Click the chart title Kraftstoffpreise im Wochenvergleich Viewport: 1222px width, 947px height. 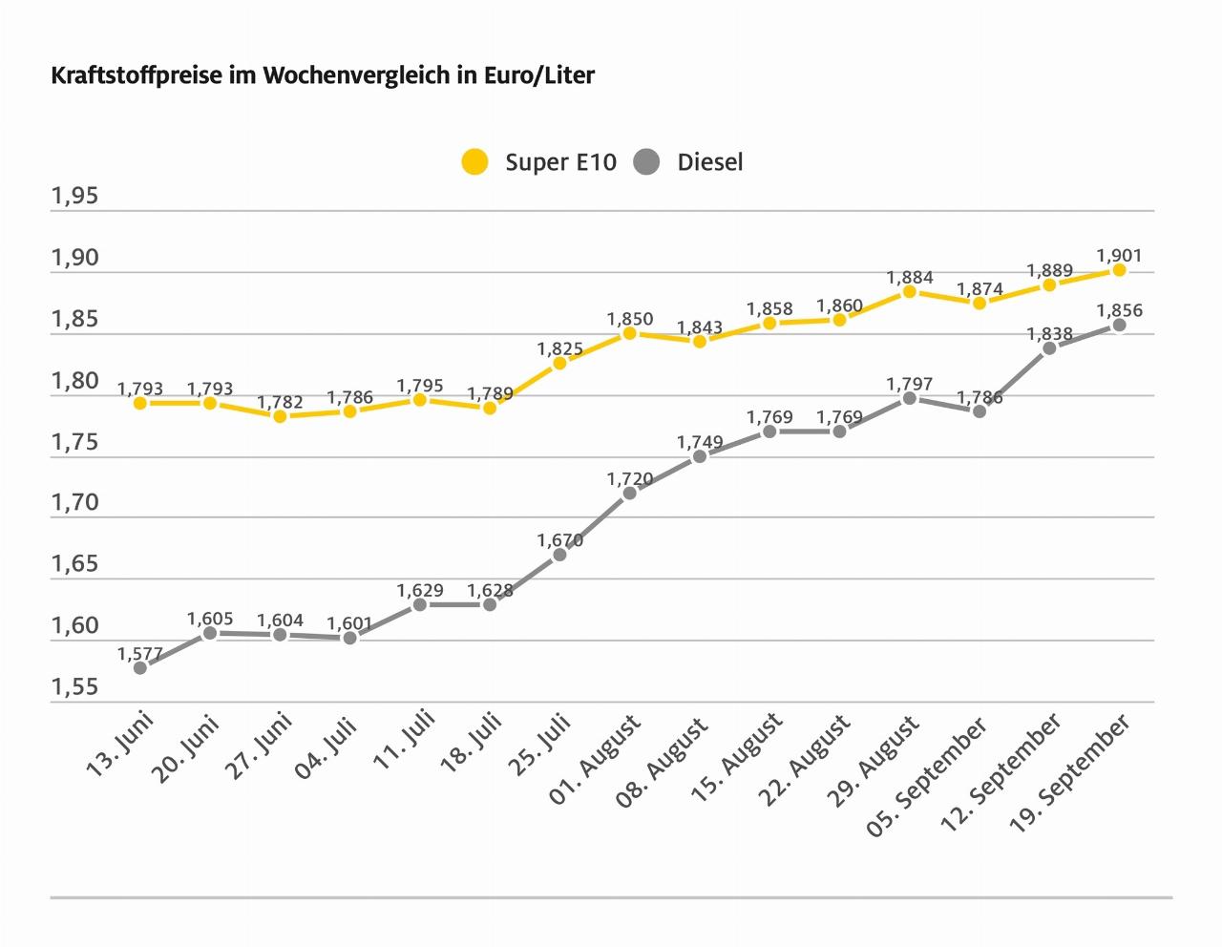coord(323,75)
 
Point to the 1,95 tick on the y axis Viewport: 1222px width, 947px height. coord(74,197)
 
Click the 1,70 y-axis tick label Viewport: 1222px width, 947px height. coord(74,502)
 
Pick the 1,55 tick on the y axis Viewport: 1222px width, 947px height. coord(74,686)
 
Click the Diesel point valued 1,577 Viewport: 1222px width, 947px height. coord(140,667)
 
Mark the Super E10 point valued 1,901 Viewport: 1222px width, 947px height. coord(1119,270)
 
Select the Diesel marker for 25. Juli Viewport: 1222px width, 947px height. coord(559,554)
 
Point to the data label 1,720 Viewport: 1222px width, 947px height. coord(629,478)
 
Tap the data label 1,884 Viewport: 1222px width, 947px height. coord(909,278)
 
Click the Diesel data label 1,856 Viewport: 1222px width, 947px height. coord(1119,310)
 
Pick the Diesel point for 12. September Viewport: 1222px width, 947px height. coord(1049,347)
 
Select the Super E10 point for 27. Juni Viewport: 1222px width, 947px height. coord(280,416)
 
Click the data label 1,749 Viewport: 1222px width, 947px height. coord(700,442)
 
